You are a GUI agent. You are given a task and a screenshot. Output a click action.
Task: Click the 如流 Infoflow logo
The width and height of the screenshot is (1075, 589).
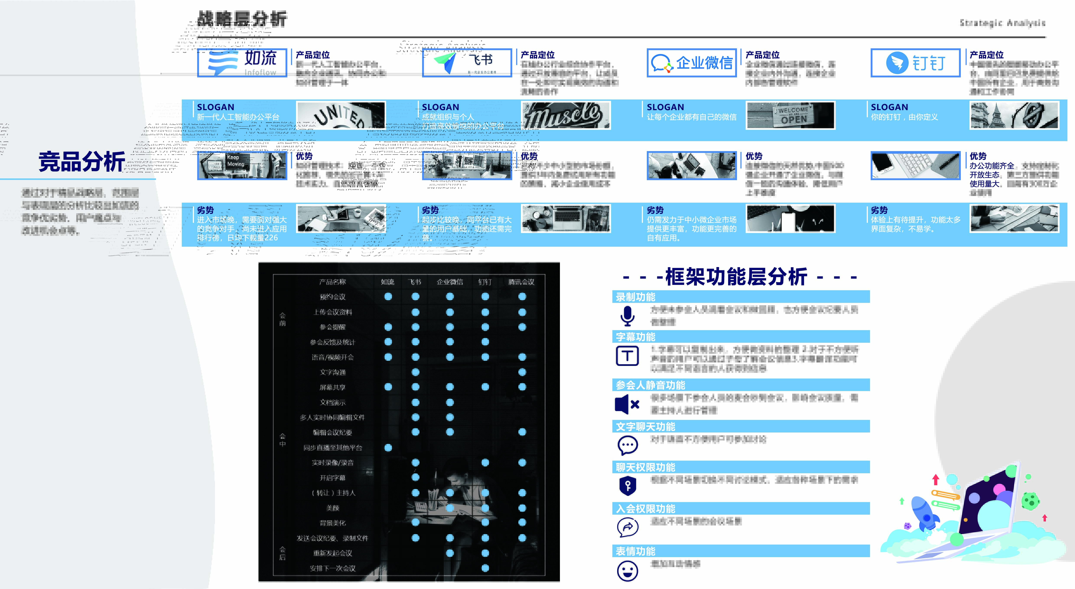pyautogui.click(x=242, y=63)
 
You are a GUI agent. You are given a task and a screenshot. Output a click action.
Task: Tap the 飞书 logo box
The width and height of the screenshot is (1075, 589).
pyautogui.click(x=467, y=63)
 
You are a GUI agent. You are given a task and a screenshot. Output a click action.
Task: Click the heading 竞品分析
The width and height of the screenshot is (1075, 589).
pyautogui.click(x=82, y=162)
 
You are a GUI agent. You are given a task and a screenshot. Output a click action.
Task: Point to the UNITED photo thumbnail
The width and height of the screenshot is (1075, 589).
pyautogui.click(x=341, y=115)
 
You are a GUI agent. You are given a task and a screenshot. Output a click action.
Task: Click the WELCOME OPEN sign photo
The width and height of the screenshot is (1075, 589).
pyautogui.click(x=790, y=115)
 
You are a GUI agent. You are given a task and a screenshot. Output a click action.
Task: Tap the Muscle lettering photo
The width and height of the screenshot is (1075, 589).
pyautogui.click(x=566, y=115)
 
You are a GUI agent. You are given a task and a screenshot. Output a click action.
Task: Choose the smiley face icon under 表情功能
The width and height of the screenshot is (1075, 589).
pyautogui.click(x=627, y=571)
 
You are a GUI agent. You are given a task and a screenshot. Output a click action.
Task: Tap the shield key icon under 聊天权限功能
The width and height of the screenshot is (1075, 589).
pyautogui.click(x=628, y=485)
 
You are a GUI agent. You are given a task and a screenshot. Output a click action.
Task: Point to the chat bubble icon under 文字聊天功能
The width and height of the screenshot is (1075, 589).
pyautogui.click(x=628, y=445)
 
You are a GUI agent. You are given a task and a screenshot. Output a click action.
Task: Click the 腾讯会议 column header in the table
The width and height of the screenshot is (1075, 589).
pyautogui.click(x=521, y=282)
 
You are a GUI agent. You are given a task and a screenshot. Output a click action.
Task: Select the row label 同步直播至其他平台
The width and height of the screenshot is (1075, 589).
pyautogui.click(x=333, y=447)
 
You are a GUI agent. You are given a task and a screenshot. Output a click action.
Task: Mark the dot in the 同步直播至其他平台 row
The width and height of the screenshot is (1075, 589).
pyautogui.click(x=388, y=447)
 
